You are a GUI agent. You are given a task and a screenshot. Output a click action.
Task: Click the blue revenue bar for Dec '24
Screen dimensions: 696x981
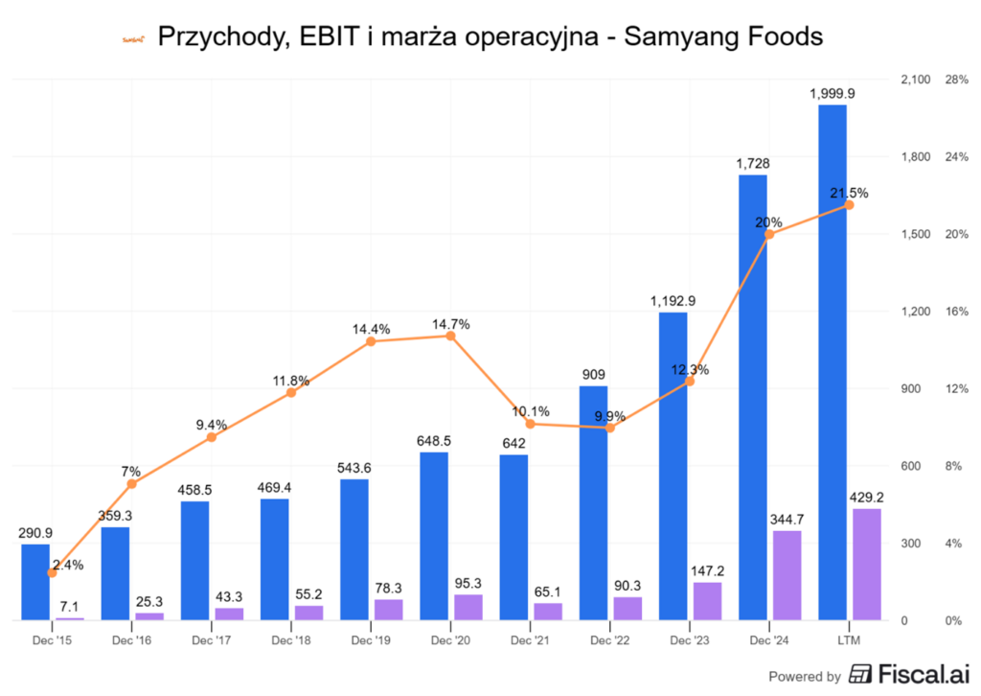pyautogui.click(x=752, y=397)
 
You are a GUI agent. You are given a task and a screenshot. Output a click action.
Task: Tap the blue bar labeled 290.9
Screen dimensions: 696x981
pyautogui.click(x=35, y=582)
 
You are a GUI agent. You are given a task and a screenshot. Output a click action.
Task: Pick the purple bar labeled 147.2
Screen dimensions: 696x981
pyautogui.click(x=707, y=601)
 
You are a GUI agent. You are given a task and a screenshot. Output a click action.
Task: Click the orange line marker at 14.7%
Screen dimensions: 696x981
pyautogui.click(x=450, y=336)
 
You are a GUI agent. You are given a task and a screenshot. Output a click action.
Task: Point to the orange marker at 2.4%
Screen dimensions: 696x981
pyautogui.click(x=52, y=573)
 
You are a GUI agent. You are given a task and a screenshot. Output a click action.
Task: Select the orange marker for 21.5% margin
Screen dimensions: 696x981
pyautogui.click(x=849, y=205)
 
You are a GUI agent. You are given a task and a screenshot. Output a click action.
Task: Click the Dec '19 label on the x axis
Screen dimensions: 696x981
pyautogui.click(x=370, y=638)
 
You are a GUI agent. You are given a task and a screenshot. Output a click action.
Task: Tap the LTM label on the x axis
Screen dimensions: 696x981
pyautogui.click(x=849, y=638)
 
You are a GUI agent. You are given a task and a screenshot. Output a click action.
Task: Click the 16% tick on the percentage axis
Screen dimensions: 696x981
pyautogui.click(x=957, y=312)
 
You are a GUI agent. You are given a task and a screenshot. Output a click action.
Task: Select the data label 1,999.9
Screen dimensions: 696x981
pyautogui.click(x=833, y=93)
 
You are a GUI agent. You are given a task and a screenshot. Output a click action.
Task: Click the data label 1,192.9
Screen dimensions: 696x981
pyautogui.click(x=673, y=301)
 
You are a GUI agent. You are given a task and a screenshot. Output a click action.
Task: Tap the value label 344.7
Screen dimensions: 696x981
pyautogui.click(x=787, y=519)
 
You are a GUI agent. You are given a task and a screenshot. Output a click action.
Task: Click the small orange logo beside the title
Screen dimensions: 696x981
pyautogui.click(x=133, y=38)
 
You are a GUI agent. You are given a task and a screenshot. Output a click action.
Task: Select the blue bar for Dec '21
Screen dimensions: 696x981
pyautogui.click(x=513, y=537)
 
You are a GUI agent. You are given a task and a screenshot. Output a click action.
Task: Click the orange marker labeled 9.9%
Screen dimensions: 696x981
pyautogui.click(x=609, y=428)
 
